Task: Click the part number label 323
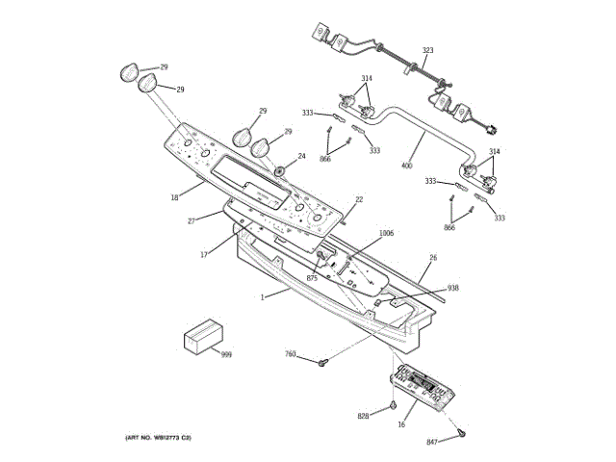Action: [427, 50]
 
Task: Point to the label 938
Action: [452, 288]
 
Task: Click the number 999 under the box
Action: [226, 355]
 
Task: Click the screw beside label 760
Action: [324, 362]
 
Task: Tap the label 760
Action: [291, 354]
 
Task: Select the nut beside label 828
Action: [393, 405]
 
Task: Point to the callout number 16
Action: [400, 423]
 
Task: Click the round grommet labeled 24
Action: [281, 171]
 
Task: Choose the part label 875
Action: [312, 278]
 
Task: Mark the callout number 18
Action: [174, 198]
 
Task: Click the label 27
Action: [191, 220]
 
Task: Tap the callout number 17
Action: [204, 254]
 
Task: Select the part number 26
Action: [433, 257]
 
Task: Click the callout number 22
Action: [359, 199]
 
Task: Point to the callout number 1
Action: [261, 296]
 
